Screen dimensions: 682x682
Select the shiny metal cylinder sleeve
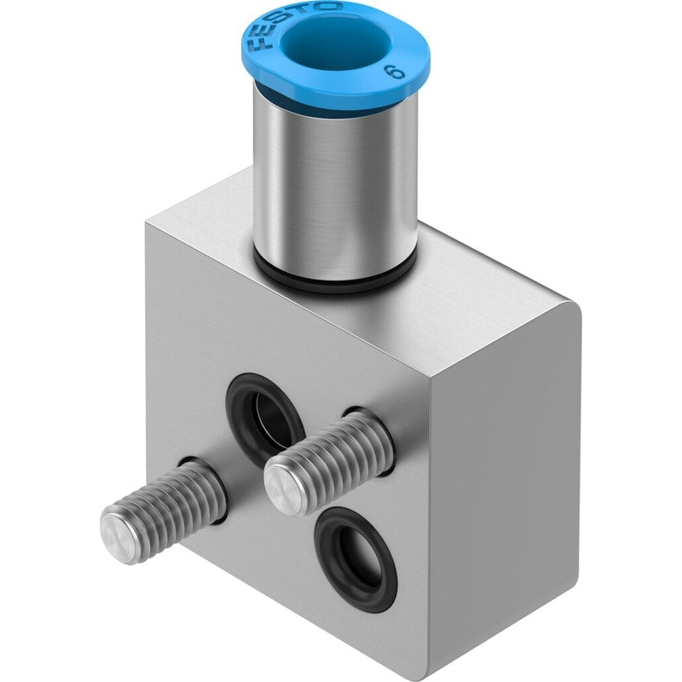point(335,182)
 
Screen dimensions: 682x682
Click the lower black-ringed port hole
point(355,560)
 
